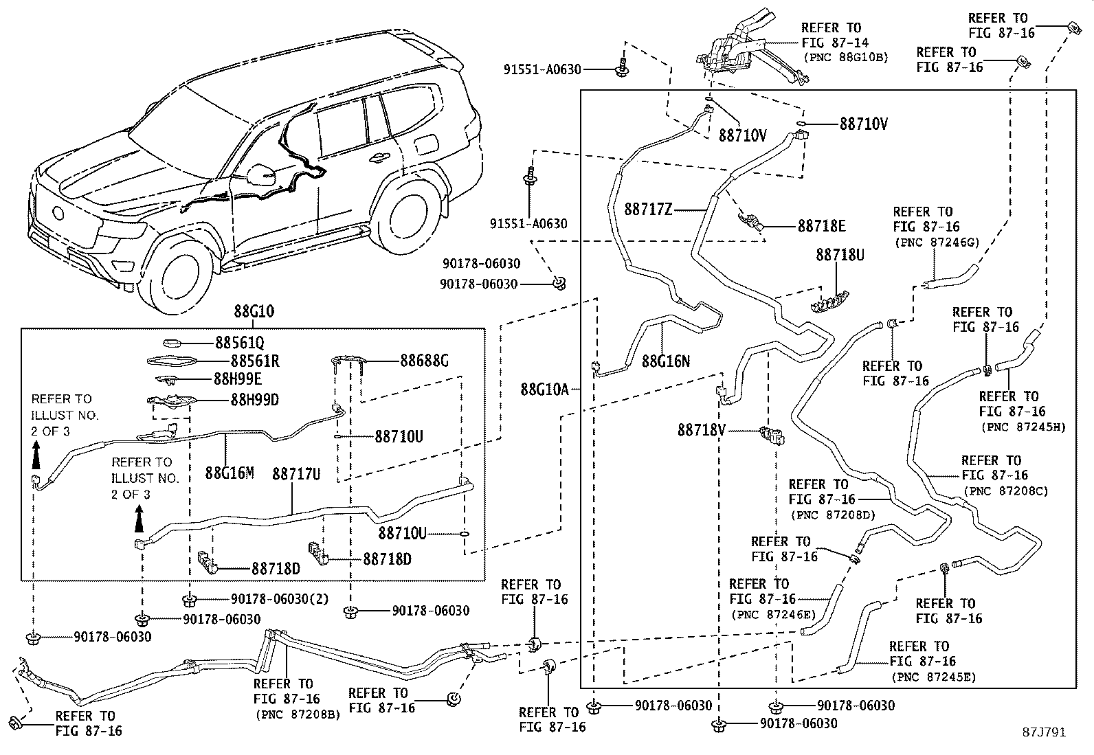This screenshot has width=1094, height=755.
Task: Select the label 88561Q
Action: point(240,342)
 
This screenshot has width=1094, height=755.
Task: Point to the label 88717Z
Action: point(648,209)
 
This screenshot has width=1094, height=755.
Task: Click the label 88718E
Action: point(821,225)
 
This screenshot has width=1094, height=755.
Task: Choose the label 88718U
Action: point(840,255)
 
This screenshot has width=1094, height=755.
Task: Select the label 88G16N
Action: point(666,360)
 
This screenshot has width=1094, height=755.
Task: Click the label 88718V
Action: point(702,430)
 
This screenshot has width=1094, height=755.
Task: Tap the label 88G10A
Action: point(544,390)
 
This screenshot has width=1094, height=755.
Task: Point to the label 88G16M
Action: point(230,473)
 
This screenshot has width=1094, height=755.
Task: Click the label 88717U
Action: point(296,474)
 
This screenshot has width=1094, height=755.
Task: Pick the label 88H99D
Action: point(246,400)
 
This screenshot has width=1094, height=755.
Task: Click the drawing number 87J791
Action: point(1042,732)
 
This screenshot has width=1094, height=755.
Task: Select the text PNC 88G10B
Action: point(845,58)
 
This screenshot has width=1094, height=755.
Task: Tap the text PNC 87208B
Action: point(298,714)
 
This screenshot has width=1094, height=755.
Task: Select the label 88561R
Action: point(246,361)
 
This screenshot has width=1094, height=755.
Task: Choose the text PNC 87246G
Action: point(937,242)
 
